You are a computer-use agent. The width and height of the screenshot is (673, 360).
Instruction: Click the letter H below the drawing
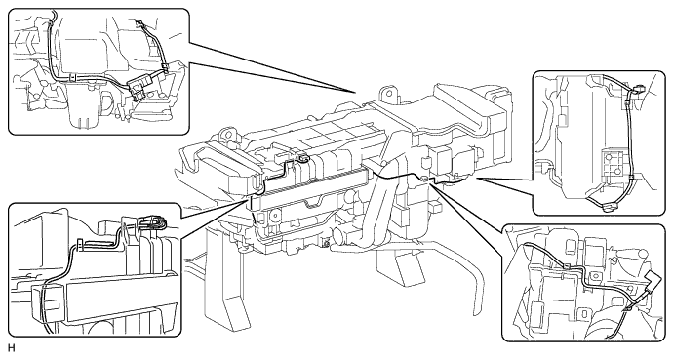tap(11, 347)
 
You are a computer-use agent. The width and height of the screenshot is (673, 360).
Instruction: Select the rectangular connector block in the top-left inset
tap(140, 87)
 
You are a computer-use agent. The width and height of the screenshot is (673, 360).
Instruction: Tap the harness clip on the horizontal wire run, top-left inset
tap(73, 78)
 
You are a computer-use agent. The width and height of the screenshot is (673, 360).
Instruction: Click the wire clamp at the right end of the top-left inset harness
tap(165, 67)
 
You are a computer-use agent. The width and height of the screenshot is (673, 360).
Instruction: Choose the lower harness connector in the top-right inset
tap(609, 207)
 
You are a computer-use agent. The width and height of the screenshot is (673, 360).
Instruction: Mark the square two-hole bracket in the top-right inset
tap(612, 166)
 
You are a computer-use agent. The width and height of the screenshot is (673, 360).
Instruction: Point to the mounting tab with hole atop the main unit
tap(387, 94)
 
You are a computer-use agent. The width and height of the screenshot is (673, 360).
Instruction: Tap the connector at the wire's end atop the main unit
tap(304, 158)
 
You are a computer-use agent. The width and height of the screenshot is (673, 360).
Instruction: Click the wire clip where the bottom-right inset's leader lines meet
tap(425, 179)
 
